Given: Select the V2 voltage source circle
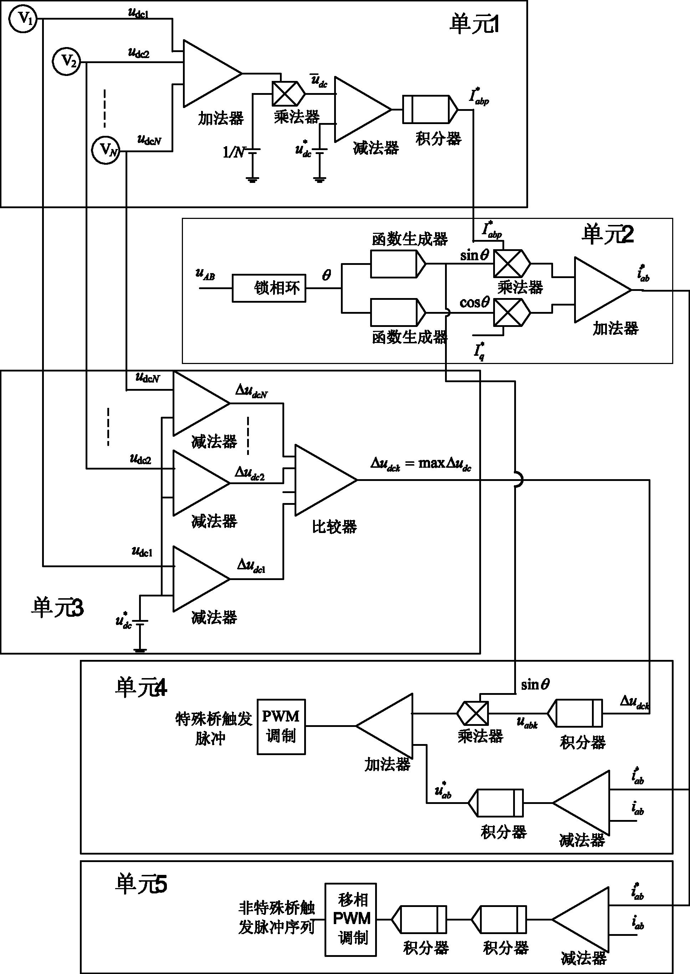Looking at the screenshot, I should coord(67,62).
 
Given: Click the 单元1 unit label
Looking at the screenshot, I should coord(474,25).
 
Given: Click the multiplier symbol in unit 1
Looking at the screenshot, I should coord(288,94).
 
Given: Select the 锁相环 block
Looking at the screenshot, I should coord(269,288).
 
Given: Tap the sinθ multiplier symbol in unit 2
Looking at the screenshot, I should coord(511,263).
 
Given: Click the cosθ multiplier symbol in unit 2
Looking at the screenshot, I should coord(511,313).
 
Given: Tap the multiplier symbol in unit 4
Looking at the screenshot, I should coord(472,713).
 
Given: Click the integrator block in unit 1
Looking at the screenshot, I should coord(429,109).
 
